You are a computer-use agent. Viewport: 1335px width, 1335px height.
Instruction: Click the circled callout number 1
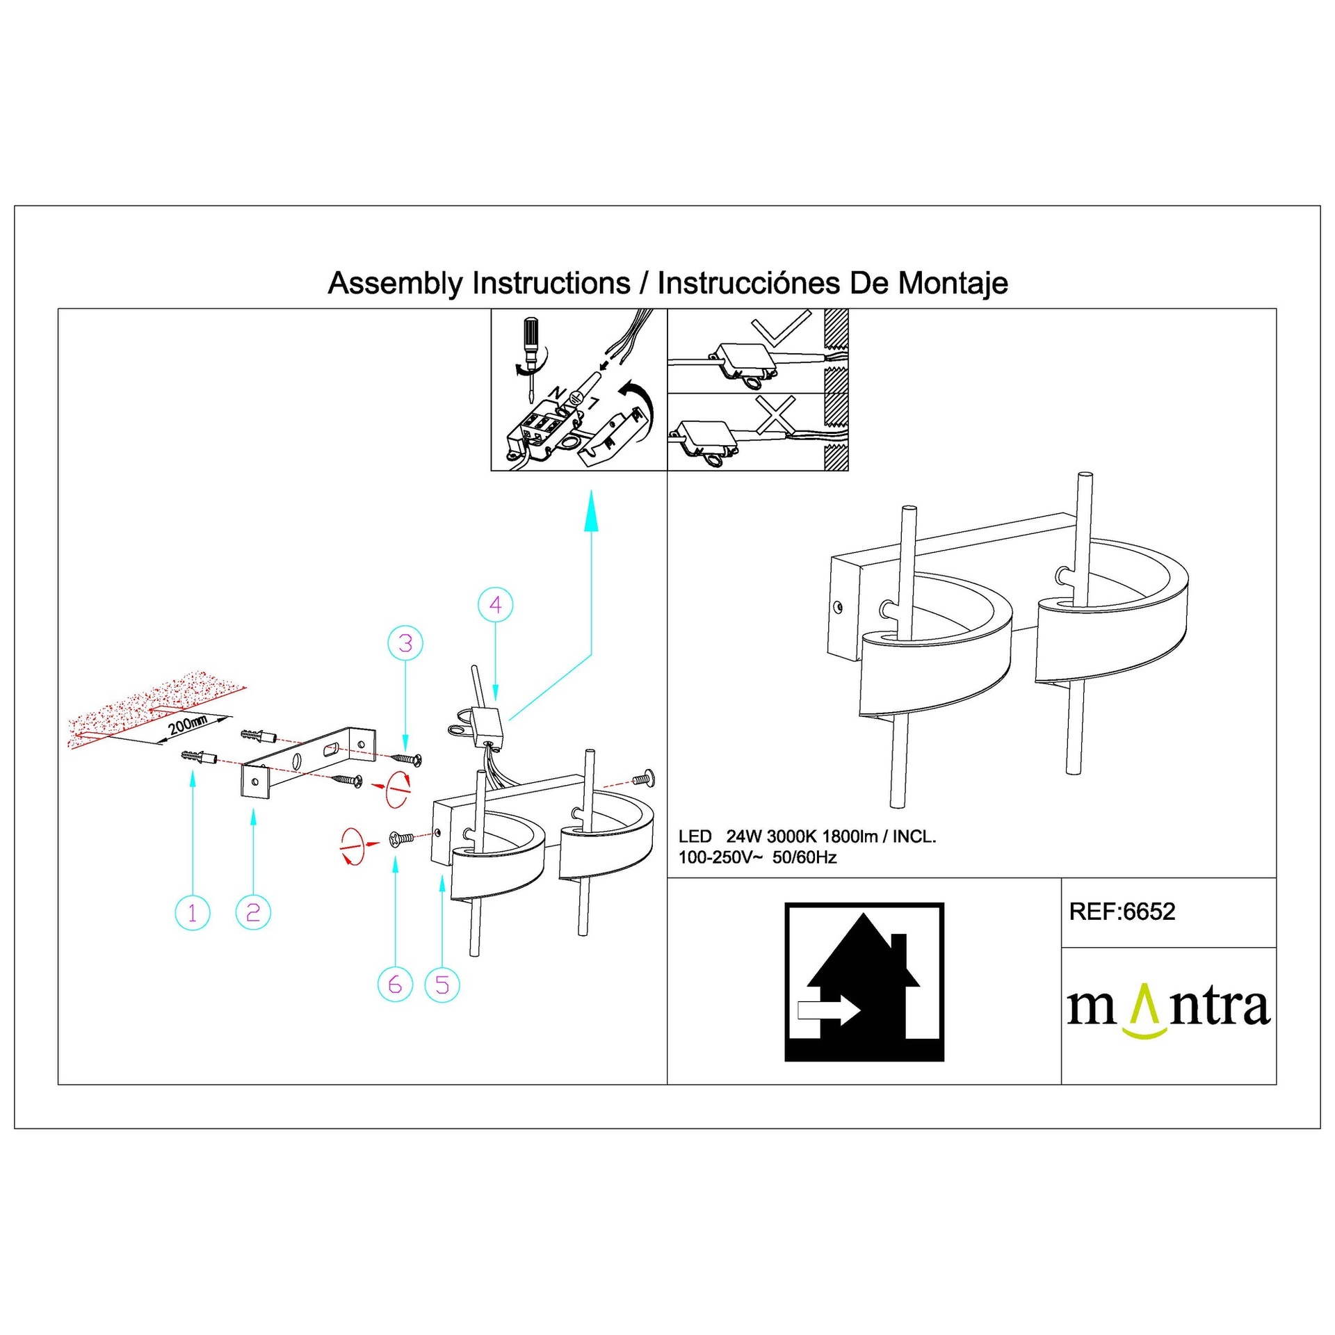point(193,912)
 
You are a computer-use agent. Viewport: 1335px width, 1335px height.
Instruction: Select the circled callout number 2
point(253,912)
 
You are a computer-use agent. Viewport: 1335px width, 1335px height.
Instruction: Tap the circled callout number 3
point(405,643)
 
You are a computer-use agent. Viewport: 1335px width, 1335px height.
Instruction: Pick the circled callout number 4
point(496,605)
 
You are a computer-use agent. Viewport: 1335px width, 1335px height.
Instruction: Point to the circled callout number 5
point(442,985)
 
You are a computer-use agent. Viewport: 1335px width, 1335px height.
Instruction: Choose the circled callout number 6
point(395,985)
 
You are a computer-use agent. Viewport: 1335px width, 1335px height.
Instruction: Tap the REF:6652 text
point(1122,912)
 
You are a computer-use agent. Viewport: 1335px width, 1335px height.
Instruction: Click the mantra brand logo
point(1169,1008)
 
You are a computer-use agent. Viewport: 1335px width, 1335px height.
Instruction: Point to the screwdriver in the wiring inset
point(531,359)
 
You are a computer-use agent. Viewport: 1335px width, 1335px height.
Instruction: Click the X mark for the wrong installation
point(775,415)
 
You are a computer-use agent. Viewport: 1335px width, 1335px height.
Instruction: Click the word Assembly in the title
point(395,284)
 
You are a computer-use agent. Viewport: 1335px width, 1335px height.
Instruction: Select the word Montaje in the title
point(953,284)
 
